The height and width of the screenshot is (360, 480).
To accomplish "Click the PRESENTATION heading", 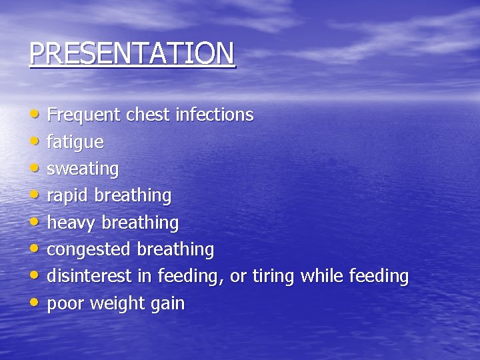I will [x=132, y=53].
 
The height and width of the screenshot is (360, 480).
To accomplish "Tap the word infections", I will [x=214, y=115].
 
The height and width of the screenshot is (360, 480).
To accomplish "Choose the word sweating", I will [x=83, y=169].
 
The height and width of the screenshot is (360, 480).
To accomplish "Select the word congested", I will [x=89, y=250].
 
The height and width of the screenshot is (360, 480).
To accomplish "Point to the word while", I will [x=321, y=276].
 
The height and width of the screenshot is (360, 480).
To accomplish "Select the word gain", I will [x=167, y=304].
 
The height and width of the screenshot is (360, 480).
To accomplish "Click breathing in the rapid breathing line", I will [x=133, y=196].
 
